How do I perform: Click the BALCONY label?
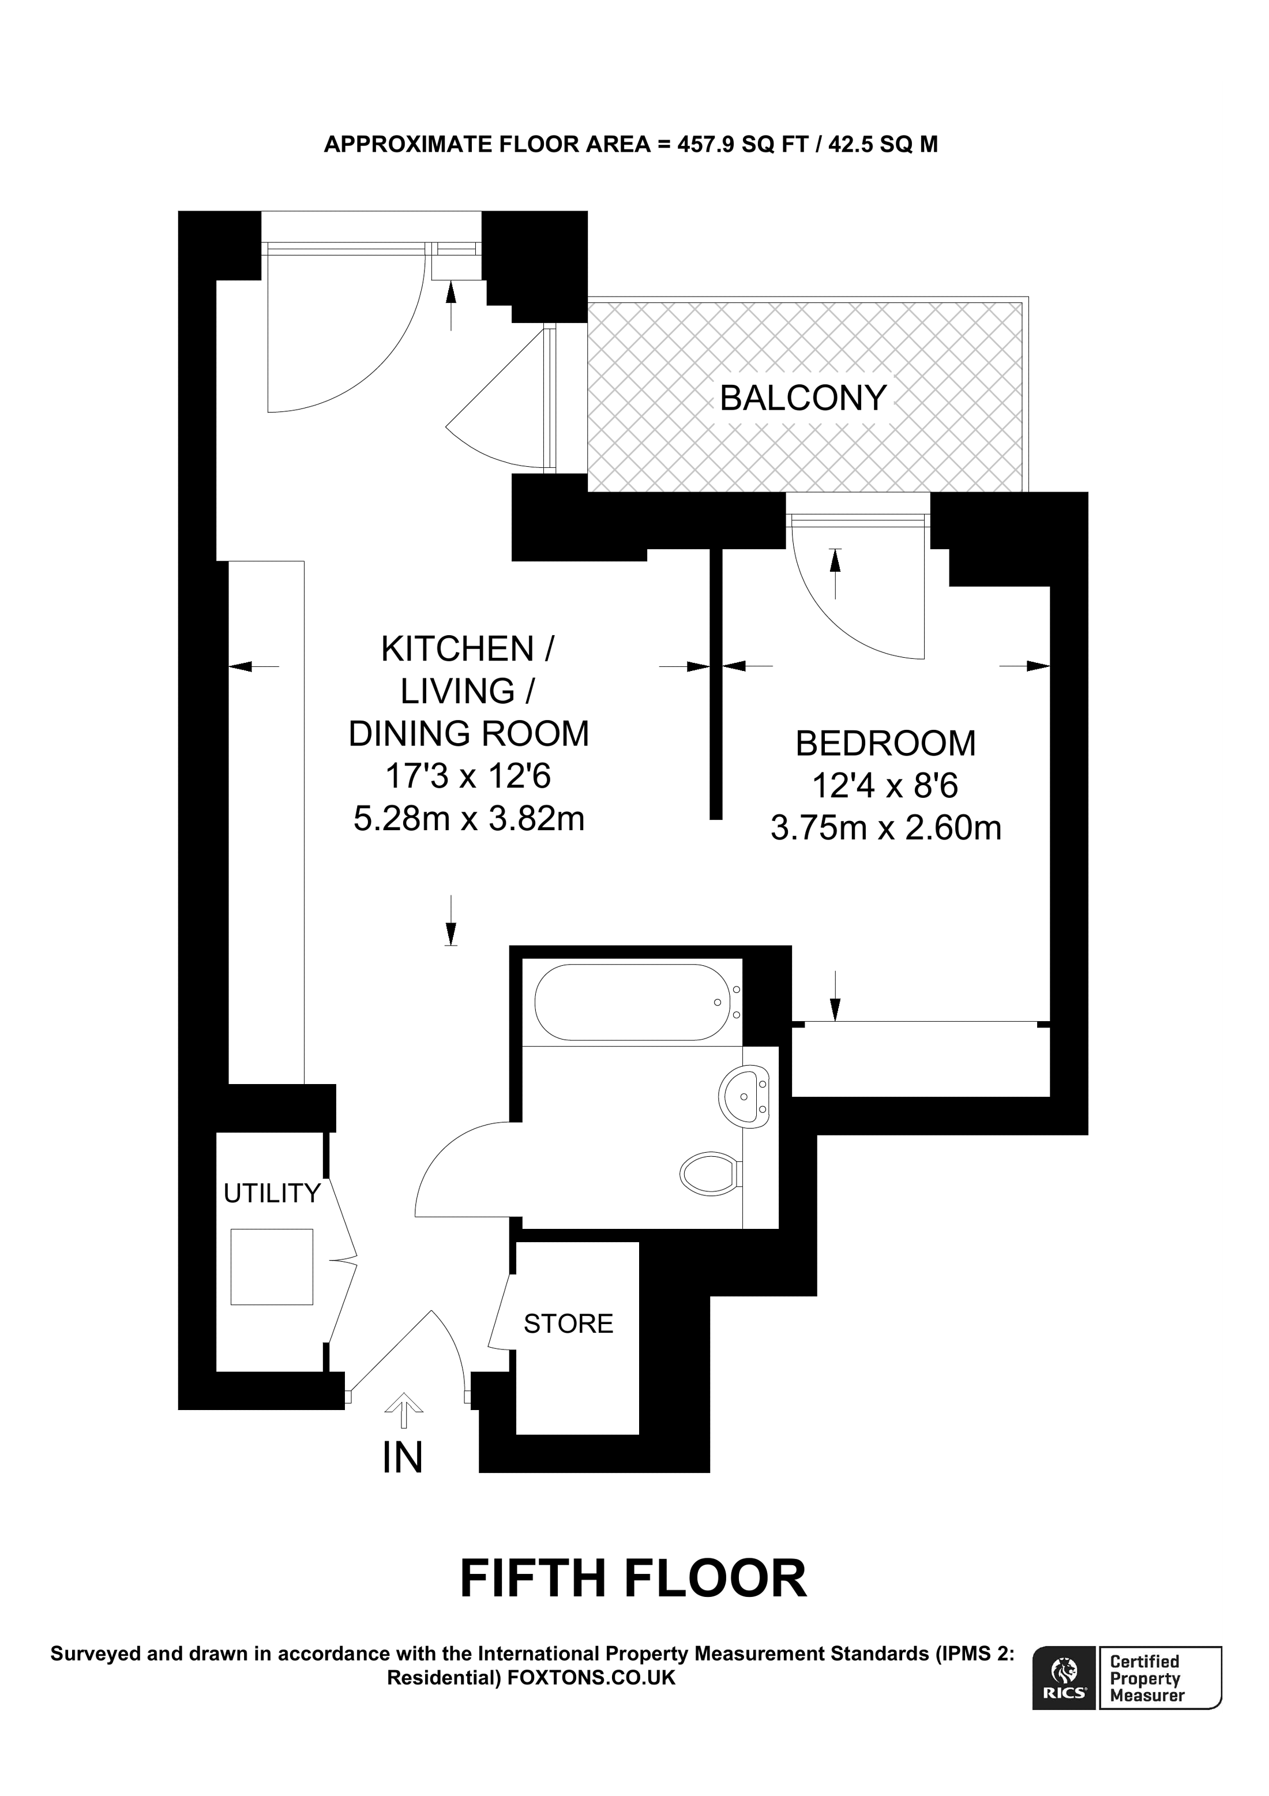pos(803,398)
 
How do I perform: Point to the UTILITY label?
pos(271,1193)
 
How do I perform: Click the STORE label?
pos(568,1323)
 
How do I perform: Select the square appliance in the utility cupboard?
pos(271,1266)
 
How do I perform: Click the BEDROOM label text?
pos(885,743)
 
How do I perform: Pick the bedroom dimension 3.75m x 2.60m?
pos(885,827)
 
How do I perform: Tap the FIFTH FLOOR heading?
pos(633,1578)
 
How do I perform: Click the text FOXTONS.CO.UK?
pos(591,1678)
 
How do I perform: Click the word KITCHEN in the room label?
pos(457,649)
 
